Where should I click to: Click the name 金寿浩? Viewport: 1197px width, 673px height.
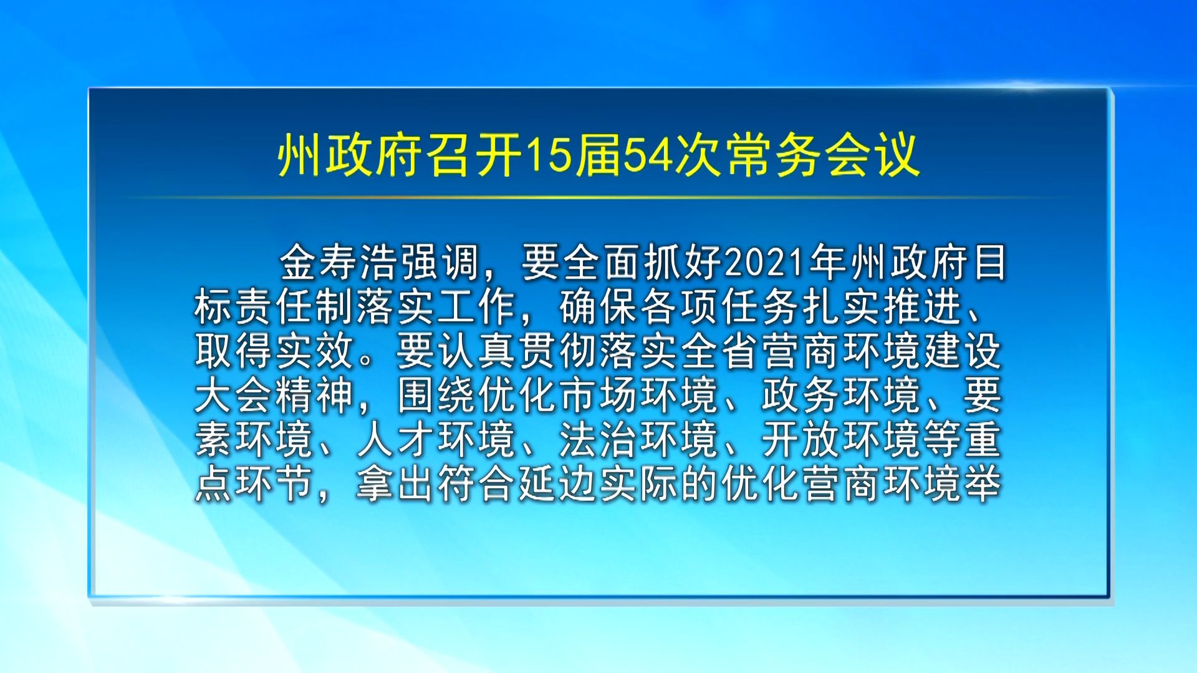click(340, 262)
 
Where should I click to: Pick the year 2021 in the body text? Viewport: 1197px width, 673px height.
click(766, 262)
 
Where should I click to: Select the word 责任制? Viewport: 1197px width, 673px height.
click(296, 307)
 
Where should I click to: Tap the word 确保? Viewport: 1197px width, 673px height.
click(599, 307)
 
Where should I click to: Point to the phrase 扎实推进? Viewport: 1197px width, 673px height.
click(883, 307)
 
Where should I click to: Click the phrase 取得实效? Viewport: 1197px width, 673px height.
click(275, 351)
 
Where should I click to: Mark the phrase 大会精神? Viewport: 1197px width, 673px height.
click(275, 395)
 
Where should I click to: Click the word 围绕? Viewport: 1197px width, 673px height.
click(438, 395)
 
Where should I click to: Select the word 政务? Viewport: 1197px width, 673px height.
click(802, 395)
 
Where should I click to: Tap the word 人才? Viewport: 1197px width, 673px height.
click(397, 439)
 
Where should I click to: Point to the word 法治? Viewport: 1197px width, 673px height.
click(599, 439)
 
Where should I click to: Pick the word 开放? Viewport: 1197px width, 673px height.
click(802, 439)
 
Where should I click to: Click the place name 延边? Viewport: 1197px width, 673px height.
click(559, 484)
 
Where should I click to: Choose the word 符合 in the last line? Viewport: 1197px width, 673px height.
click(478, 484)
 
